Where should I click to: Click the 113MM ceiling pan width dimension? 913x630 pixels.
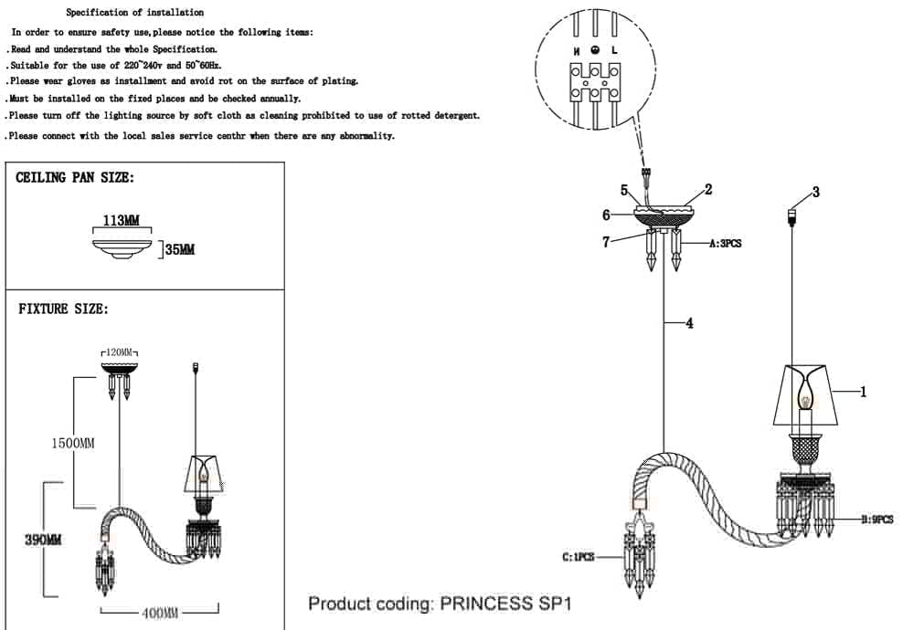[x=121, y=222]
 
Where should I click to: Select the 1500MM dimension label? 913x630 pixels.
[x=72, y=443]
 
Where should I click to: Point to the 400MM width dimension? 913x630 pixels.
[x=159, y=612]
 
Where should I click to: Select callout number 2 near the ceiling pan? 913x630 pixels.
[x=708, y=190]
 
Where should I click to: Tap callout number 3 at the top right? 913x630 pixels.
[x=815, y=192]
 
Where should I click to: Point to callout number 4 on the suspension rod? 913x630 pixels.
[x=689, y=322]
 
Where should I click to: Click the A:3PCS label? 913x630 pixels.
[x=725, y=244]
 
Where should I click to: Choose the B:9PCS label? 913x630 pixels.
[x=876, y=519]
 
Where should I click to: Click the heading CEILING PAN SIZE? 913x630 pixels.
[x=75, y=178]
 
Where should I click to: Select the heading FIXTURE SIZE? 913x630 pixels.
[x=63, y=310]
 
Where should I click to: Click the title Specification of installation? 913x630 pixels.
[x=135, y=14]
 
